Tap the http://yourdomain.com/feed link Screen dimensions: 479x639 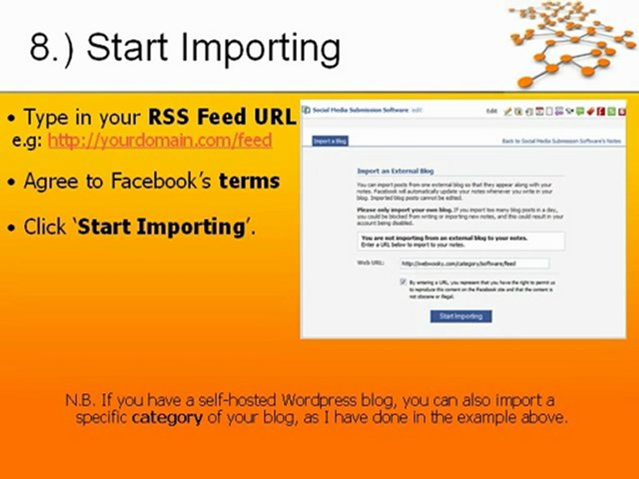(160, 141)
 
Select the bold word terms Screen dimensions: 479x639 (249, 181)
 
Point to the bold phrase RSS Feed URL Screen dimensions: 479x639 (221, 117)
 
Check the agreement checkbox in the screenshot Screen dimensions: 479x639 (403, 282)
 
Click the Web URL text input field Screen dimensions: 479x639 (474, 263)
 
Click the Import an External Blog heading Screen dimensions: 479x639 (395, 171)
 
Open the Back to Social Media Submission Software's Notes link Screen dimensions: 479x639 (561, 141)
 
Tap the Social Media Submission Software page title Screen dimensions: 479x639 (360, 110)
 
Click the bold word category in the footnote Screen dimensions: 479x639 (167, 417)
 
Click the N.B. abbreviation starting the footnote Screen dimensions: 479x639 (80, 400)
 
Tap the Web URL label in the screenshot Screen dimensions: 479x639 (370, 263)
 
